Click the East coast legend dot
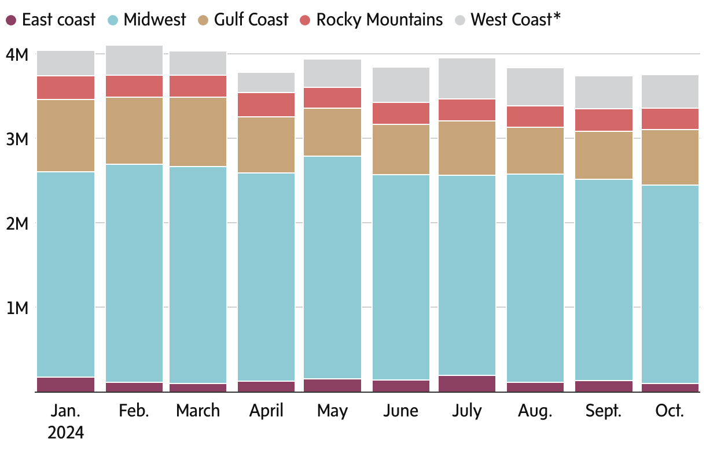(x=11, y=20)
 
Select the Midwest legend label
(x=155, y=20)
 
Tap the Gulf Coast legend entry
(x=251, y=20)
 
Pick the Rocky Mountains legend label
(x=379, y=20)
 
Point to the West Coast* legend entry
(x=516, y=20)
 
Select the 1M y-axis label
(x=17, y=308)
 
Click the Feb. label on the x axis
(x=134, y=411)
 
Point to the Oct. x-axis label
(x=670, y=411)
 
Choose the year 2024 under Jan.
(x=65, y=432)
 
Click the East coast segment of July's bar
(x=466, y=383)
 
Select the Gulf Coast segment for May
(x=332, y=132)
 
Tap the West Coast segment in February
(x=134, y=60)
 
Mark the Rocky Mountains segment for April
(x=266, y=105)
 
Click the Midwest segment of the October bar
(x=670, y=284)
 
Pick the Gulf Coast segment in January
(x=65, y=135)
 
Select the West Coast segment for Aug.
(x=535, y=87)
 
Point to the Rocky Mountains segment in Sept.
(x=604, y=120)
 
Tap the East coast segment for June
(x=401, y=386)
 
